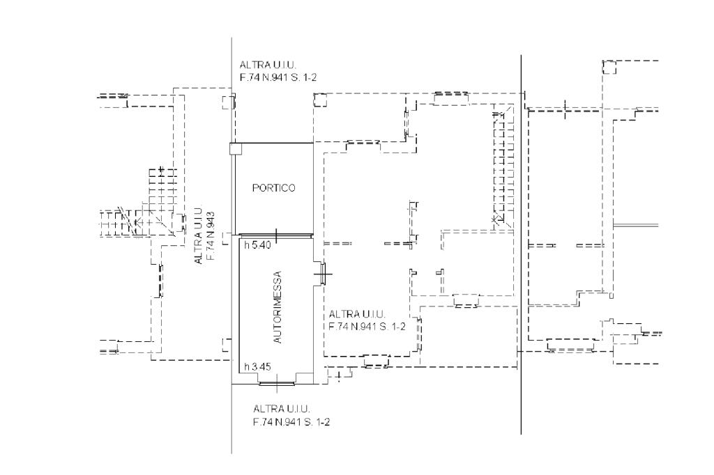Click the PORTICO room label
273,188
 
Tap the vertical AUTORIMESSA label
278,307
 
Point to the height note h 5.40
257,245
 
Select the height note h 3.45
257,366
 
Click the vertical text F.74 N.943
211,235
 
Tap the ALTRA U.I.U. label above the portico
268,65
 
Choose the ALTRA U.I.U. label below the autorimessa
282,409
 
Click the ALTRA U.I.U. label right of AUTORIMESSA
357,314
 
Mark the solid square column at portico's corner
236,149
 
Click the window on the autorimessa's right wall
323,274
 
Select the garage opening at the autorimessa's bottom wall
277,384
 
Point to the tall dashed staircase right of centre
503,166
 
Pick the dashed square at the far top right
609,67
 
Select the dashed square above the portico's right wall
320,100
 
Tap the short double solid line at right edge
636,225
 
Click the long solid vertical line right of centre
521,244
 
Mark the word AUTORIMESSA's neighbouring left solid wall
239,309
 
